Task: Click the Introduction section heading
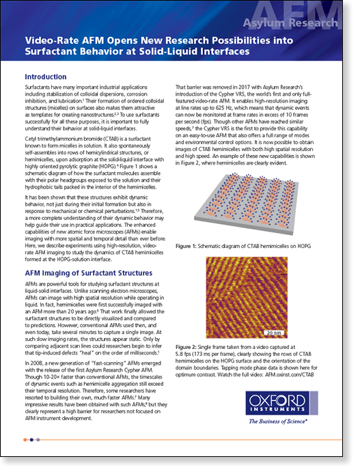point(46,77)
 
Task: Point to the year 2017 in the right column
point(237,88)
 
